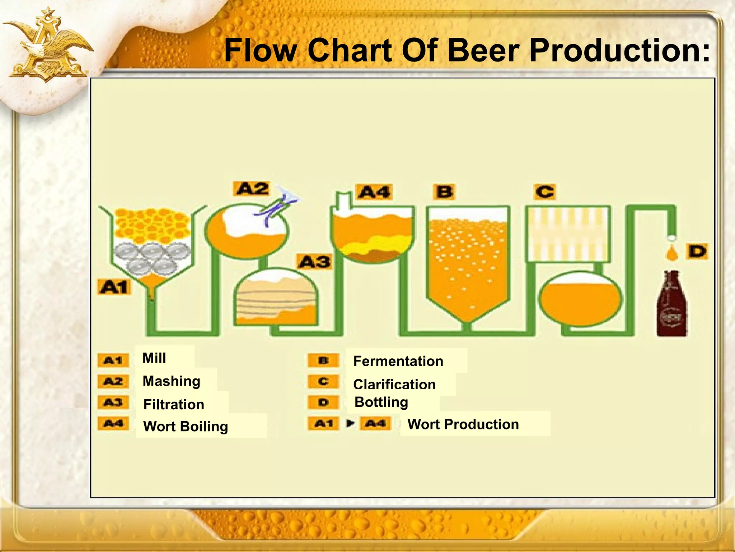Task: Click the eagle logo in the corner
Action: [x=48, y=47]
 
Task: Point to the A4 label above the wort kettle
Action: [x=374, y=192]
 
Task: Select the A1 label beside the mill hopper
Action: [x=114, y=287]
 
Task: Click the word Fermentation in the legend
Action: [x=398, y=361]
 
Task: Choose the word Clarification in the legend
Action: [x=394, y=384]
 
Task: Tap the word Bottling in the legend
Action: [x=381, y=402]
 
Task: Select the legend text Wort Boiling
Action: [x=186, y=427]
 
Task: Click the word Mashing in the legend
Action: [x=171, y=381]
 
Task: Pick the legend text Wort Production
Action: [x=463, y=424]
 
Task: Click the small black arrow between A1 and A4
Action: [x=350, y=423]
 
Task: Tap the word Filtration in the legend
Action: [x=174, y=405]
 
